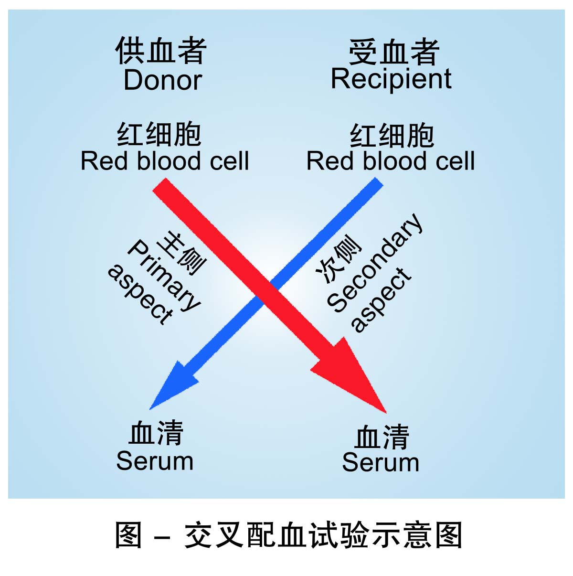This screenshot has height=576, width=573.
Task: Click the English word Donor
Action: pyautogui.click(x=163, y=80)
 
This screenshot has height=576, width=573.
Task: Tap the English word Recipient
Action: pyautogui.click(x=391, y=79)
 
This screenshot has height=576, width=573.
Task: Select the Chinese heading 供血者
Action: pyautogui.click(x=161, y=51)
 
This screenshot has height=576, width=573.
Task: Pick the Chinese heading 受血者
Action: pyautogui.click(x=393, y=52)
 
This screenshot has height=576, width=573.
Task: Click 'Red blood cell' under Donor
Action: pyautogui.click(x=165, y=161)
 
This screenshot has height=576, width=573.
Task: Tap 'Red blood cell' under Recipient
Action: pyautogui.click(x=390, y=161)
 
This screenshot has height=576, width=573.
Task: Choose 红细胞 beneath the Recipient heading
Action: pyautogui.click(x=392, y=135)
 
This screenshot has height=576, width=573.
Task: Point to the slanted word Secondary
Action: pyautogui.click(x=375, y=263)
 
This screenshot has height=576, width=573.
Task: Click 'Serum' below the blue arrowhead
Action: pyautogui.click(x=155, y=461)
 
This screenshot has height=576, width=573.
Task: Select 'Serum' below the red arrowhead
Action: pyautogui.click(x=381, y=463)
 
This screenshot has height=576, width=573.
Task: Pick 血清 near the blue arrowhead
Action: pyautogui.click(x=156, y=433)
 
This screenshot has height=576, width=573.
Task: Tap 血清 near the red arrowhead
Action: pyautogui.click(x=382, y=437)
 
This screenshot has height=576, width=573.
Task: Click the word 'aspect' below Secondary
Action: pyautogui.click(x=381, y=300)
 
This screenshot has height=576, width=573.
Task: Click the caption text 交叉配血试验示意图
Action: pyautogui.click(x=323, y=535)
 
